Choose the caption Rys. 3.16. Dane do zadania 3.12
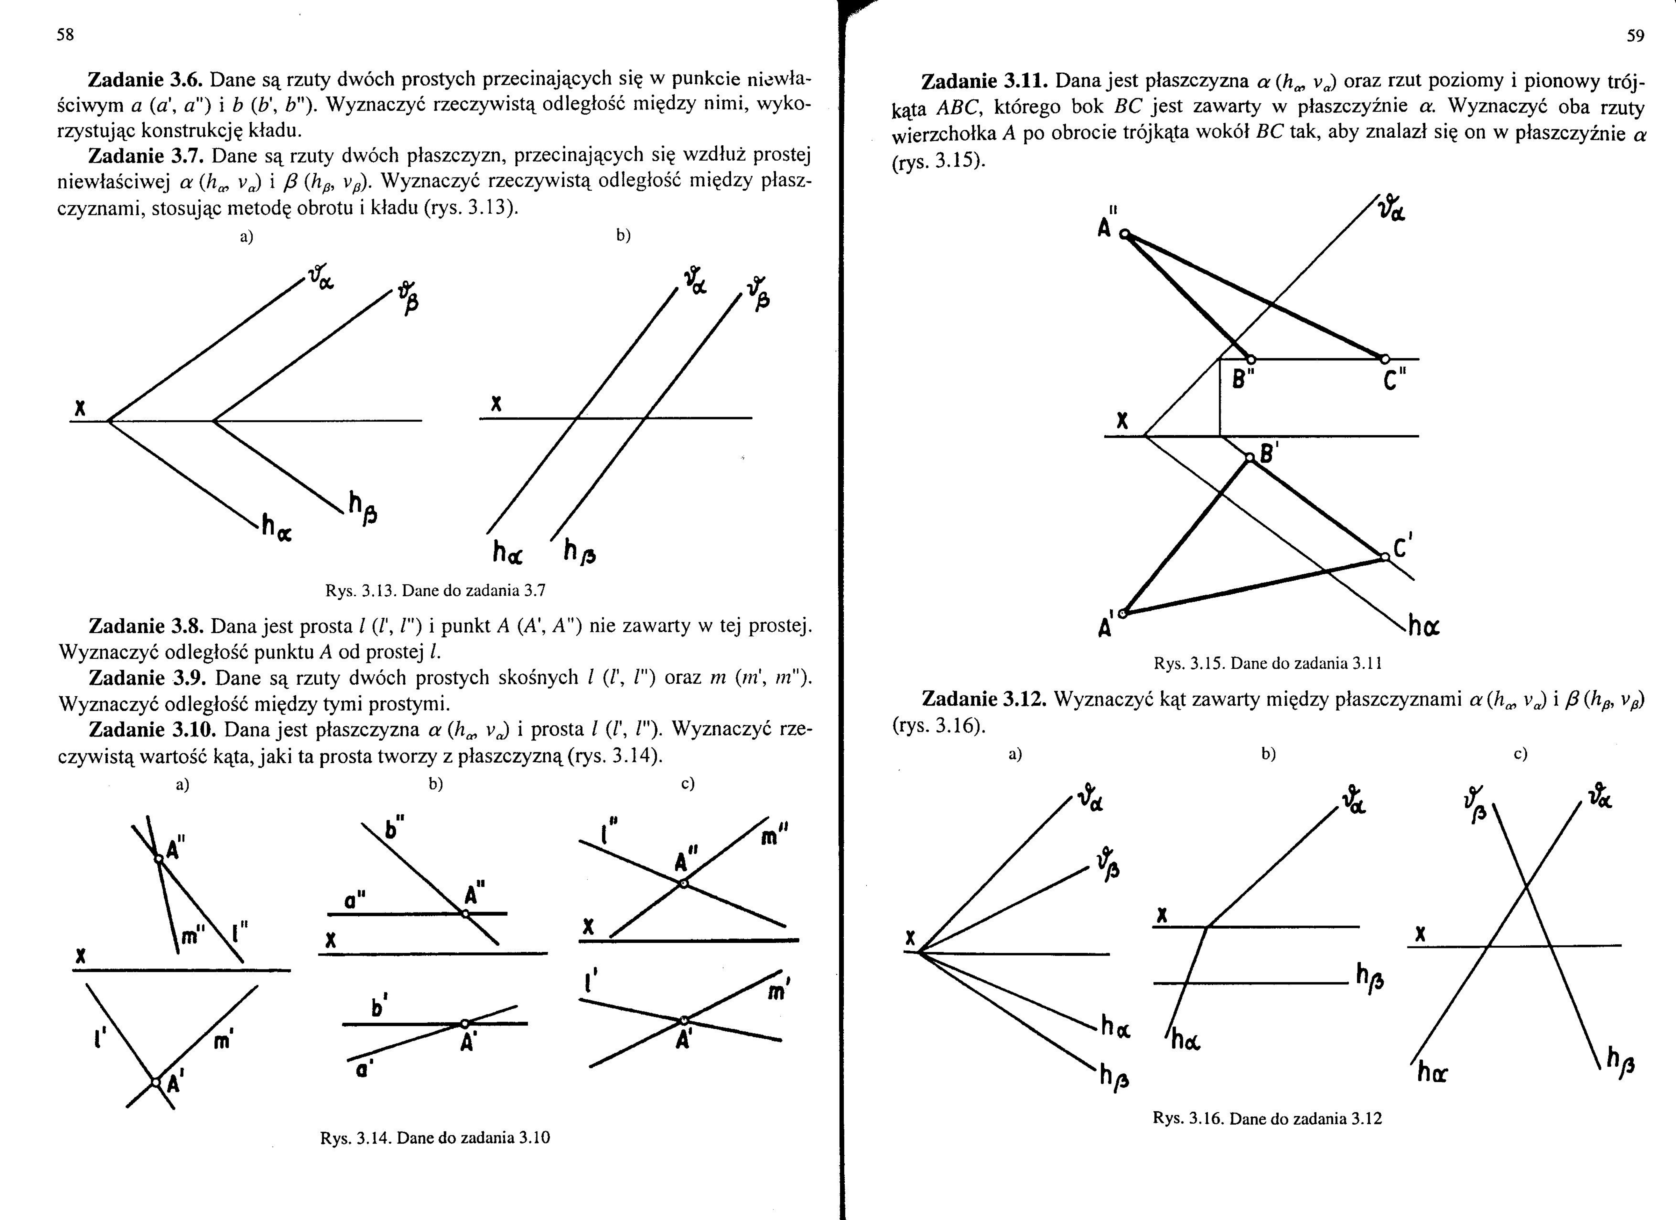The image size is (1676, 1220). point(1267,1119)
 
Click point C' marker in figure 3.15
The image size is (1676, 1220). point(1384,557)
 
